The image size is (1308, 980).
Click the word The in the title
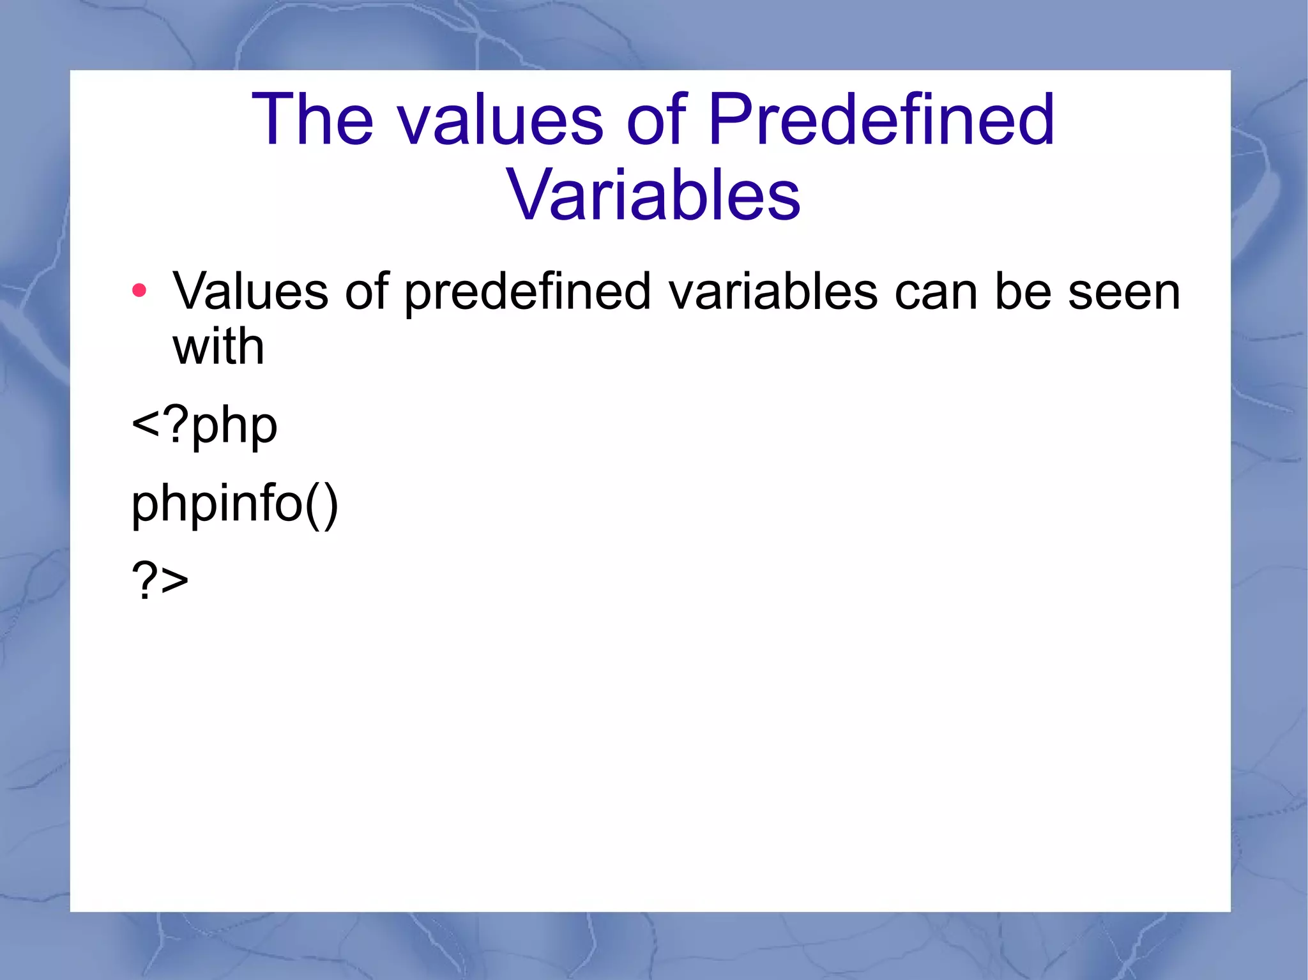(312, 120)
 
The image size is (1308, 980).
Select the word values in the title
(501, 120)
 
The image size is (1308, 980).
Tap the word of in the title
(657, 120)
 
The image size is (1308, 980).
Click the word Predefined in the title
(881, 120)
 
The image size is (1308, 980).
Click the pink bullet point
(139, 291)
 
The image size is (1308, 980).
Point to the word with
(218, 347)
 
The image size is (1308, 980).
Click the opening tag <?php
(204, 426)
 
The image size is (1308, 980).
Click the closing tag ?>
(160, 580)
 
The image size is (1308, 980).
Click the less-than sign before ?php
(145, 424)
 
